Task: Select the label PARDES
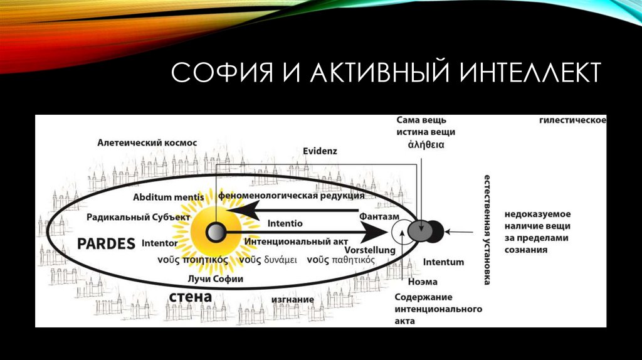pos(106,243)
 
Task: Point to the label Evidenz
pos(320,151)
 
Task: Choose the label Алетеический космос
pos(147,143)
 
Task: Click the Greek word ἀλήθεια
pos(426,144)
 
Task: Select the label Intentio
pos(285,223)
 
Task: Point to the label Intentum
pos(443,262)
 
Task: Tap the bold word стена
pos(190,296)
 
